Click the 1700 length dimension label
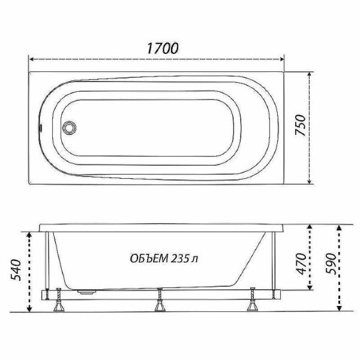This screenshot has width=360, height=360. coord(163,48)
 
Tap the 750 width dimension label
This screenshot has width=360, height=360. coord(301,125)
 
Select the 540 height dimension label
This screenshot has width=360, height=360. coord(16,270)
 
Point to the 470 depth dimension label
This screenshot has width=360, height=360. coord(301,264)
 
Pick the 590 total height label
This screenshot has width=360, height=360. coord(331,264)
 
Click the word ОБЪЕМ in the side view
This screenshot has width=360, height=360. coord(149,259)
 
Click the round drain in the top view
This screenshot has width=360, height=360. coord(69,127)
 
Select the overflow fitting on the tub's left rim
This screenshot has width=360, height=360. coord(41,127)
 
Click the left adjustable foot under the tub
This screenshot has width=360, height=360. coord(59,300)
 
